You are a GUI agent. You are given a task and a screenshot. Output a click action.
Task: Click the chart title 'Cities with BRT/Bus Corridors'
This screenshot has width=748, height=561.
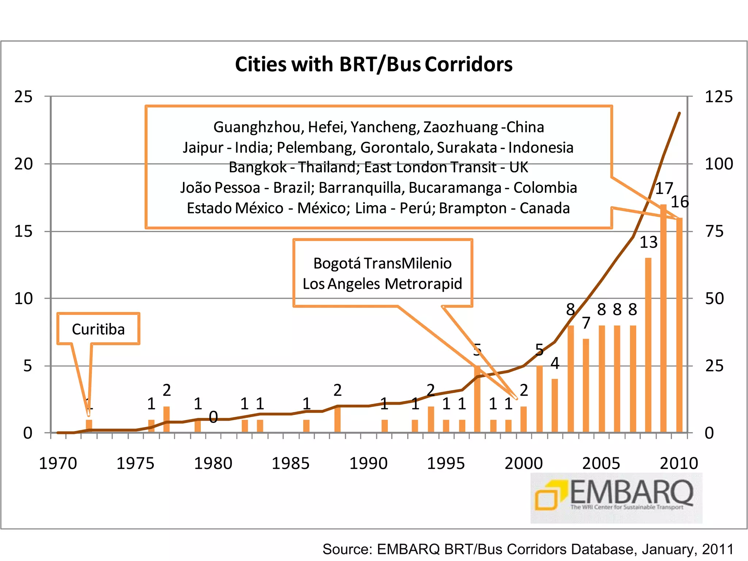coord(374,64)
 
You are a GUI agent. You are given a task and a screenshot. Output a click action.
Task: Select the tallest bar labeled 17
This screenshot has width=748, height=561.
coord(664,318)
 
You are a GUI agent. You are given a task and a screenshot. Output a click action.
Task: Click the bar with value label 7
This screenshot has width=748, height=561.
coord(586,385)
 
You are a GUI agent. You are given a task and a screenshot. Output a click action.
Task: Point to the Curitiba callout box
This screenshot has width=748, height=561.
coord(98,329)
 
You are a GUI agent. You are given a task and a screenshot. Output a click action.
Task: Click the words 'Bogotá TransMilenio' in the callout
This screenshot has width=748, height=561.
coord(382,263)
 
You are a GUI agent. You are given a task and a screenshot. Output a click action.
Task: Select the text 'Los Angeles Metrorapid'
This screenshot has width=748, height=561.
coord(382,284)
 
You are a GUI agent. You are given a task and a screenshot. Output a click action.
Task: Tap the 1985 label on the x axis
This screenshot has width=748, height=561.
coord(291,463)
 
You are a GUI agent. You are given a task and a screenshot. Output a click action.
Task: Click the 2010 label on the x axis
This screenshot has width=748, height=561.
coord(679,463)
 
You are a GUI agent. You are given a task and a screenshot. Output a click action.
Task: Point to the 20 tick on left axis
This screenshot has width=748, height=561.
coord(23,164)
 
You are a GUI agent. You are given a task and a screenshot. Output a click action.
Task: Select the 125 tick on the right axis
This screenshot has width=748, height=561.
coord(718,97)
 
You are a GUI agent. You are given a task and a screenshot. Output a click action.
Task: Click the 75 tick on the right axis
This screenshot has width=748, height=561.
coord(714,231)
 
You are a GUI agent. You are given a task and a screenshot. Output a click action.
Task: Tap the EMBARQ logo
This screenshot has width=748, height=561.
coord(616,497)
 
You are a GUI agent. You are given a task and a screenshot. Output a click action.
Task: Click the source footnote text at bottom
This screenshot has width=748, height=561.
coord(528,549)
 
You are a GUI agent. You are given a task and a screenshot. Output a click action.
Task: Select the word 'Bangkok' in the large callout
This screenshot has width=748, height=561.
coord(257,167)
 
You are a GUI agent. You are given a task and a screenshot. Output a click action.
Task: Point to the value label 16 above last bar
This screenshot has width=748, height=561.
coord(680,202)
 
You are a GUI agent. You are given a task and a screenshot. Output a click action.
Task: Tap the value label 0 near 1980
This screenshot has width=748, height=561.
coord(213,417)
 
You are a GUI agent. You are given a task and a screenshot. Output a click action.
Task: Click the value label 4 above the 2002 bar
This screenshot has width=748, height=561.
coord(555,363)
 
